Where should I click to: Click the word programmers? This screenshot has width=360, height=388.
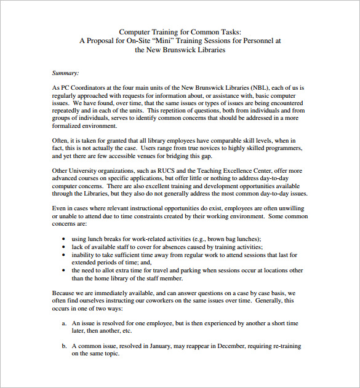point(281,149)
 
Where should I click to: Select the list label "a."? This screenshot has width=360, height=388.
point(64,323)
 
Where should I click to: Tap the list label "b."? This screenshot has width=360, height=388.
point(64,346)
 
